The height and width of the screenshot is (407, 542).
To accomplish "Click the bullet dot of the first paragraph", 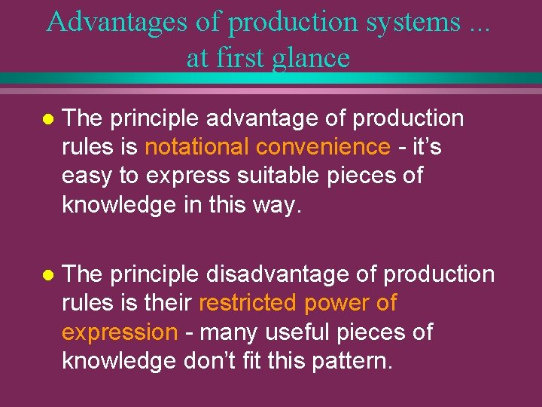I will coord(47,119).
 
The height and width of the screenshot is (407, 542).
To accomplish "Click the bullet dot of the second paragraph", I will coord(47,276).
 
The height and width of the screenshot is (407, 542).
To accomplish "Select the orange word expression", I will coord(119,332).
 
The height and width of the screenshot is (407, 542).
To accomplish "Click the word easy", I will coord(86,176).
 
